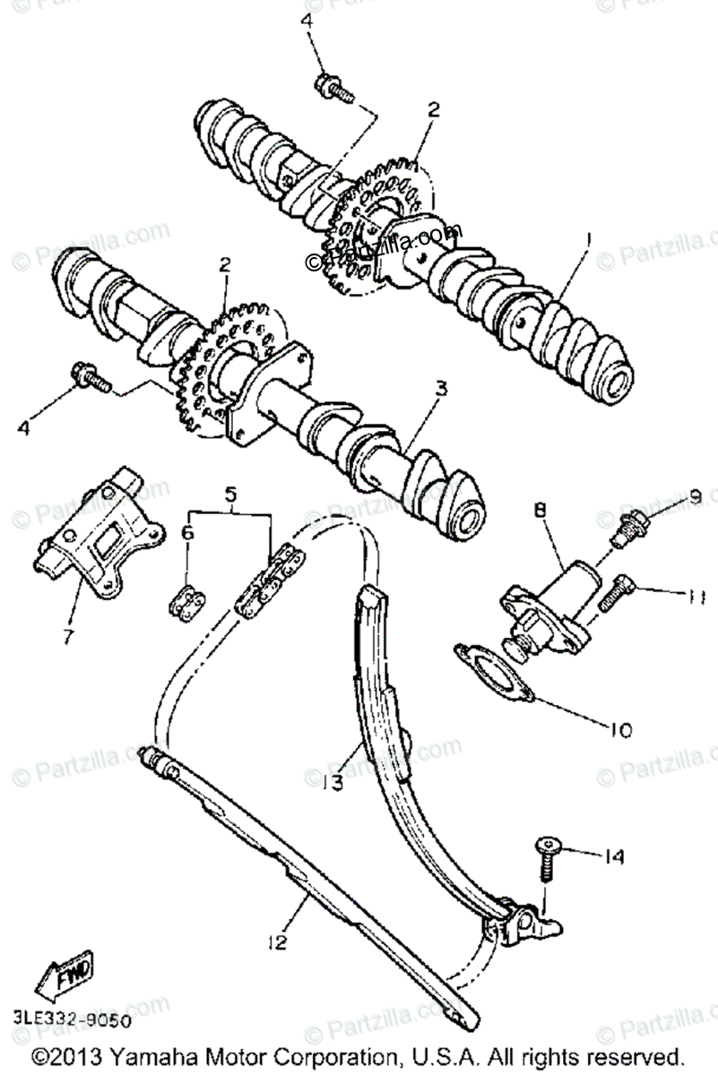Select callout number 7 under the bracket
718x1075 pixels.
point(67,637)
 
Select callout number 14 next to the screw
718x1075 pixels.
point(612,857)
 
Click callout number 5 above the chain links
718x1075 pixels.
point(230,493)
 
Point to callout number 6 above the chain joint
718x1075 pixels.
point(187,532)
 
